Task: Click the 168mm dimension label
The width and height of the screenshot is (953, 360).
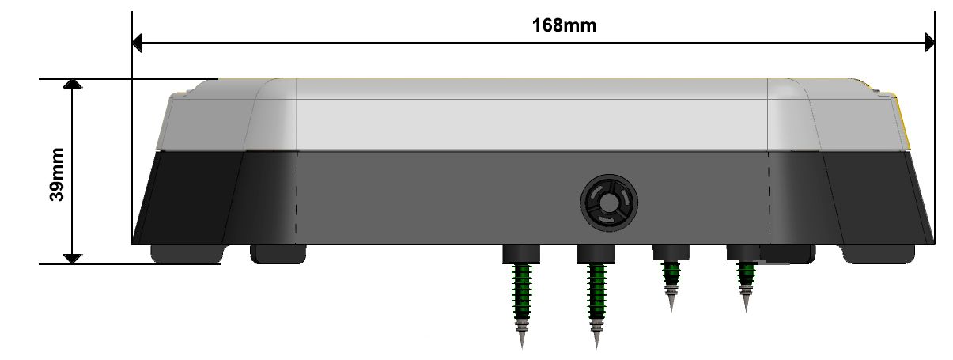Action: (564, 25)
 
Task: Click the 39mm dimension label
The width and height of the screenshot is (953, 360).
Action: (57, 174)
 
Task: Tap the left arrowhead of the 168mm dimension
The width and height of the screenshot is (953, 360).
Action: (137, 43)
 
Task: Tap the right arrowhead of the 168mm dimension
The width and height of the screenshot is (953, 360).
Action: (929, 43)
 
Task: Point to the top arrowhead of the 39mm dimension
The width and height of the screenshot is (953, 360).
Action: (73, 84)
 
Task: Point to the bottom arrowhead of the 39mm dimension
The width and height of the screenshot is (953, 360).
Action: (73, 259)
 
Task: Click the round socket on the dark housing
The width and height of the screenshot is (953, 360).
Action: (609, 203)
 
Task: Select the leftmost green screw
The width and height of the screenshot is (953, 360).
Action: (522, 305)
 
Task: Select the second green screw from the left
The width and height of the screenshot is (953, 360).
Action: (596, 305)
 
